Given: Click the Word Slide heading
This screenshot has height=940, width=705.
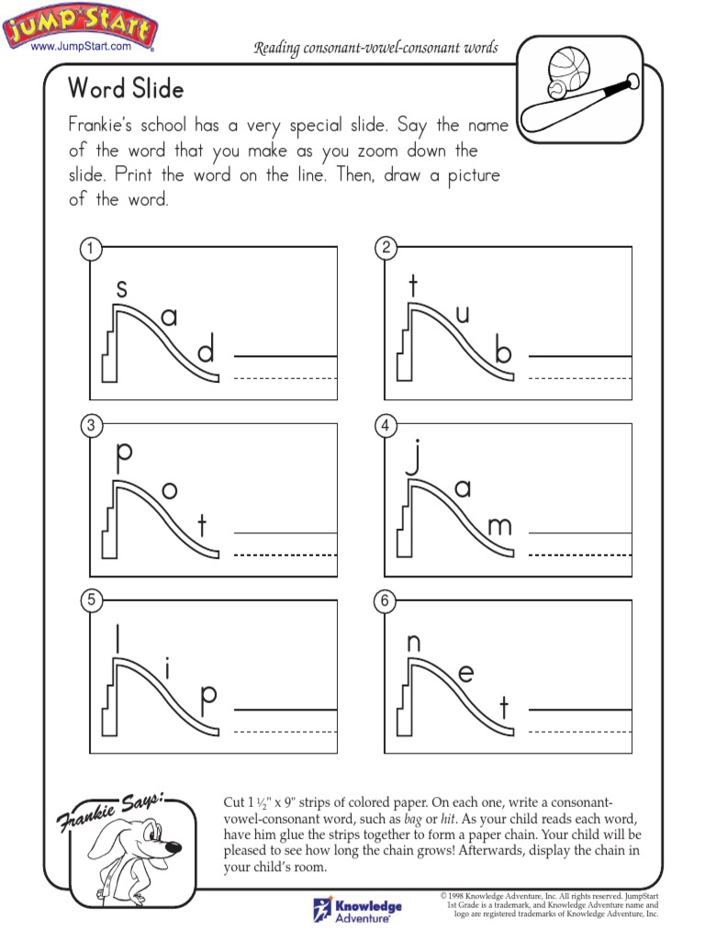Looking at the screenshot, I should pyautogui.click(x=126, y=90).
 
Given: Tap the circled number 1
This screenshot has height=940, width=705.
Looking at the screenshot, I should pyautogui.click(x=90, y=248).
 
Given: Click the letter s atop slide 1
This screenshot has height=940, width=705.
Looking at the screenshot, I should pyautogui.click(x=121, y=290).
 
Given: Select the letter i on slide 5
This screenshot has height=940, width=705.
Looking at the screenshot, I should pyautogui.click(x=168, y=667).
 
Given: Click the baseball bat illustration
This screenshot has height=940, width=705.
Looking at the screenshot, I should pyautogui.click(x=578, y=106).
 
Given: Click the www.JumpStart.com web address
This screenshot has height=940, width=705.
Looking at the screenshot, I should pyautogui.click(x=81, y=45).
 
